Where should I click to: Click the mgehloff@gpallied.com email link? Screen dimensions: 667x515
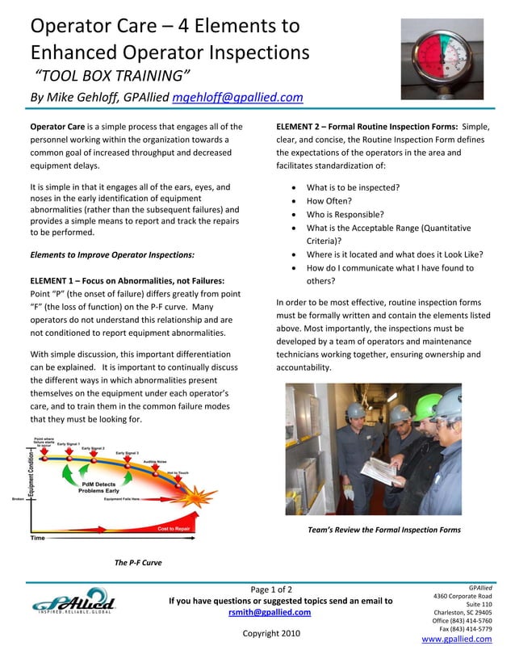(238, 98)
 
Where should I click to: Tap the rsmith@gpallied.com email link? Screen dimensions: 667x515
(270, 612)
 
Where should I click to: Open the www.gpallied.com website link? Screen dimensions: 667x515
(456, 639)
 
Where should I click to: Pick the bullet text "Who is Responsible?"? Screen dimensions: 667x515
(345, 215)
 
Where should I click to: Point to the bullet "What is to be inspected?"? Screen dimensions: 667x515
(353, 187)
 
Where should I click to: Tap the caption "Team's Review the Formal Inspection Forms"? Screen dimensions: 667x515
(384, 530)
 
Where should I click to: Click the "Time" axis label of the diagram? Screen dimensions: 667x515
(38, 538)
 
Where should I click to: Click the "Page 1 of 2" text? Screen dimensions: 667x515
(271, 589)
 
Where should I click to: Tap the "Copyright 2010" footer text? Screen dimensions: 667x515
(271, 633)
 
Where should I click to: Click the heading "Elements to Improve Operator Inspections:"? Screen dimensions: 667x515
(112, 255)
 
